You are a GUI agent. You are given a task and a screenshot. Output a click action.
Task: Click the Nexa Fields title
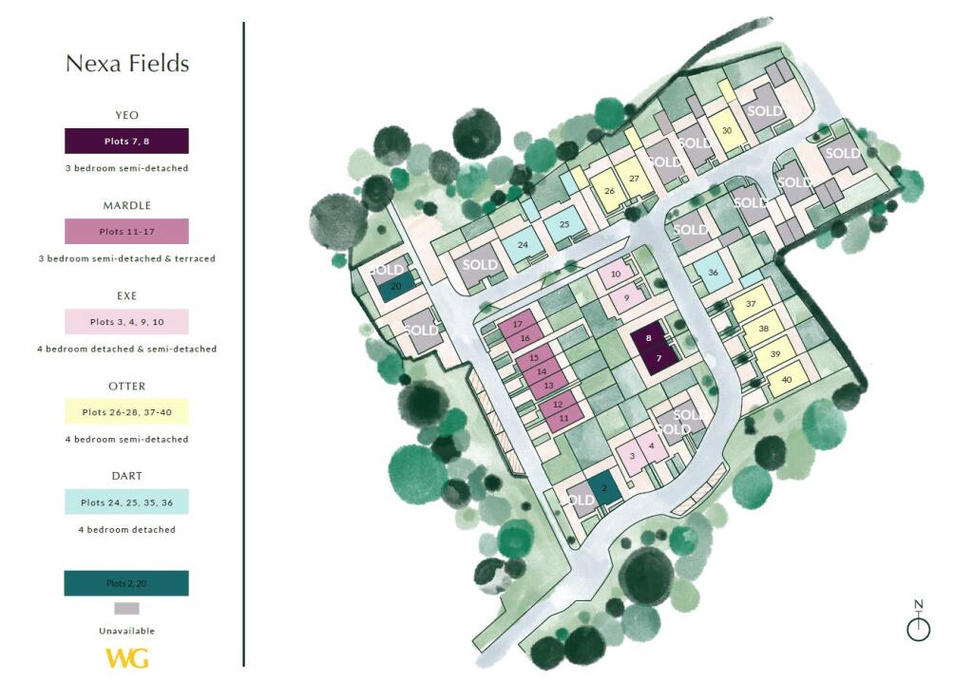[x=127, y=64]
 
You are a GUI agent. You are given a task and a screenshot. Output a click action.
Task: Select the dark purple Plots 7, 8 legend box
[x=126, y=142]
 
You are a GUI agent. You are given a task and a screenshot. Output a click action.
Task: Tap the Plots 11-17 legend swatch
[x=126, y=232]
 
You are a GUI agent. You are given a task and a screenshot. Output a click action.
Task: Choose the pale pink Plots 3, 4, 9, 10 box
[x=126, y=322]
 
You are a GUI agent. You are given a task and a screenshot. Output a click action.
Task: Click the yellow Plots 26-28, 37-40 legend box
[x=126, y=412]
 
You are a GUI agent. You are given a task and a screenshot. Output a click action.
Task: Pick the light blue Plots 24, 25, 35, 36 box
[x=126, y=502]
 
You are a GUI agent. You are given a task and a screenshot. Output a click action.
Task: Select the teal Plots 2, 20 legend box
[x=126, y=583]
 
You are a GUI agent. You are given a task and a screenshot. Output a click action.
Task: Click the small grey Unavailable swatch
[x=126, y=609]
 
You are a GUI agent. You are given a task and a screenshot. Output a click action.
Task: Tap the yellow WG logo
[x=126, y=657]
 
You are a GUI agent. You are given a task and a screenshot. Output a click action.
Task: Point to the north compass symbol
[x=918, y=622]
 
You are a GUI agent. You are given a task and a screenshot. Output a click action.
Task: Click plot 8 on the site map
[x=648, y=338]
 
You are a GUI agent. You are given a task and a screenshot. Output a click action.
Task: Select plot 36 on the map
[x=713, y=274]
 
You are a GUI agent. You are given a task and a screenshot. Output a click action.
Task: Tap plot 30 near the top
[x=727, y=131]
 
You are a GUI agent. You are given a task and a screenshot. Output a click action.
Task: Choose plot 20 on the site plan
[x=396, y=286]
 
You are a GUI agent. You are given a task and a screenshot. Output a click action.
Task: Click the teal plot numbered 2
[x=603, y=489]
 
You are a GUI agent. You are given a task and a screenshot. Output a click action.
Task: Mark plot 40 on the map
[x=786, y=379]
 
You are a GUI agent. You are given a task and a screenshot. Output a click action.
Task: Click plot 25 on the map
[x=563, y=225]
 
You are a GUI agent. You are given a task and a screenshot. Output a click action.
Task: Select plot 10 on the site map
[x=616, y=275]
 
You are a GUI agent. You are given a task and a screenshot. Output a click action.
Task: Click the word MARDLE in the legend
[x=126, y=205]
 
